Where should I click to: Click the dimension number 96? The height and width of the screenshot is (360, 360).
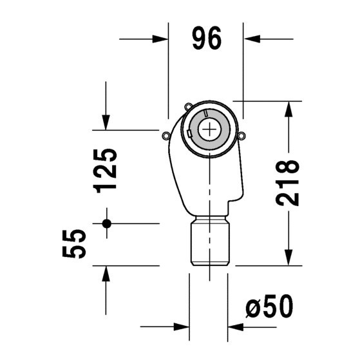[206, 40]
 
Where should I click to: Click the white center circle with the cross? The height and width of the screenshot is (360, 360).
[209, 129]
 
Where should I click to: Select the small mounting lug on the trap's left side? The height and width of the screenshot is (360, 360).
[166, 135]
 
